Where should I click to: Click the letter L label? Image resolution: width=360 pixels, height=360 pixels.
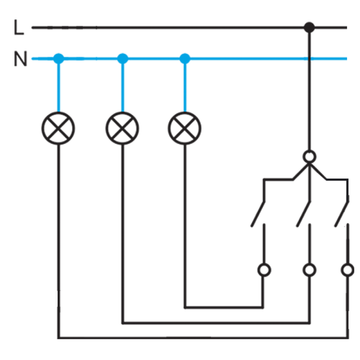pos(19,27)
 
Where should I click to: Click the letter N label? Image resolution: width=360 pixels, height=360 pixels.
pos(20,58)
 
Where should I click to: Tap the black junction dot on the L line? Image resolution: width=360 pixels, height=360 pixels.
pos(309,27)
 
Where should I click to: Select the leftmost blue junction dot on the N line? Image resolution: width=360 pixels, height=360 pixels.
pos(58,58)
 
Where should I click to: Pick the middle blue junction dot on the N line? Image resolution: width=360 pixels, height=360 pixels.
pos(122,58)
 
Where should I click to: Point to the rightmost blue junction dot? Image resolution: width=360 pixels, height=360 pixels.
pos(185,58)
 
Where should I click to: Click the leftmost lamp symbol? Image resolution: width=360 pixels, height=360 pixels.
pos(58,128)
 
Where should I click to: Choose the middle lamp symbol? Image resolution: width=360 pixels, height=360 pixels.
pos(122,128)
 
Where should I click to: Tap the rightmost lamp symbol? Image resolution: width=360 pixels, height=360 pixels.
pos(184,128)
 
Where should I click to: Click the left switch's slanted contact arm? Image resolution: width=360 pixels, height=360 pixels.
pos(258,214)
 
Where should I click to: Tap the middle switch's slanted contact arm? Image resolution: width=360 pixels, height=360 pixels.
pos(303,214)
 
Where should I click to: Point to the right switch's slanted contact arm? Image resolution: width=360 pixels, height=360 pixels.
pos(342,214)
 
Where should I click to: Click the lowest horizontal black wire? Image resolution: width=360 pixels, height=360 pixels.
pos(203,338)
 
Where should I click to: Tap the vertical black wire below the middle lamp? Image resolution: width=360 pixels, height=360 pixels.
pos(123,234)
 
